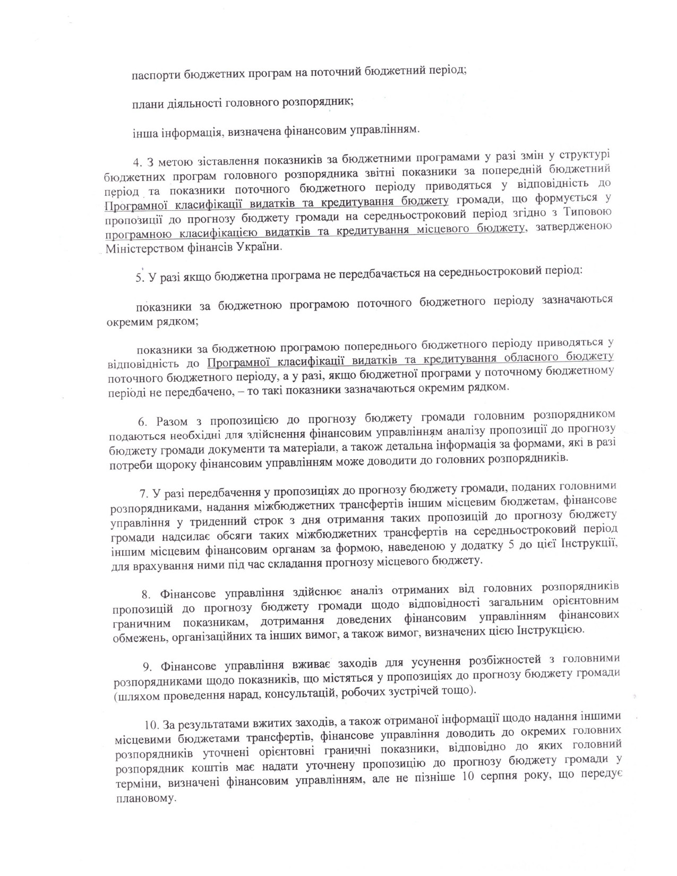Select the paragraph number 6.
coord(142,422)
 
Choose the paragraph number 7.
coord(142,494)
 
